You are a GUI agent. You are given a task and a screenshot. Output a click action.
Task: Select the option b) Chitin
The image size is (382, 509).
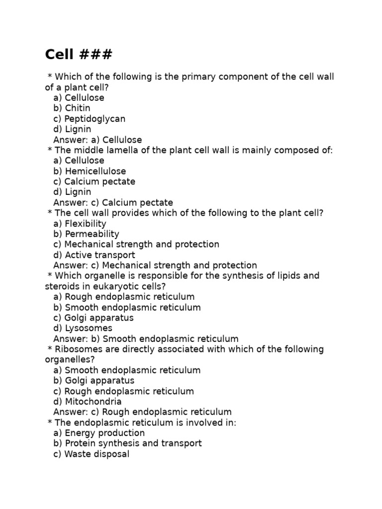(72, 108)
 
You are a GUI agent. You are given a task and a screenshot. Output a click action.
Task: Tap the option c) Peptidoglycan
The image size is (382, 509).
(89, 119)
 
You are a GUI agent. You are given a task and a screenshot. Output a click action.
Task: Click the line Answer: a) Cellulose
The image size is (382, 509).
(97, 140)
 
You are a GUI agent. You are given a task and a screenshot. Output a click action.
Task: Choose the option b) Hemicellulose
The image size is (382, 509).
(90, 171)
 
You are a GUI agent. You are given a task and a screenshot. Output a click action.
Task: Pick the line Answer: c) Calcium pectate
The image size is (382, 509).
(113, 202)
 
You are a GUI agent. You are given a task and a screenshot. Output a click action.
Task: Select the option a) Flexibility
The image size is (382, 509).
(80, 223)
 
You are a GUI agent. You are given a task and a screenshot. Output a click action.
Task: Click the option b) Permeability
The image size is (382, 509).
(86, 234)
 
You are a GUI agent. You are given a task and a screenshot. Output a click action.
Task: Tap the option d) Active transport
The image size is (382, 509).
(94, 255)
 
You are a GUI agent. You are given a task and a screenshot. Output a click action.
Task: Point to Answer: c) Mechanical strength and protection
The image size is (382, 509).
(155, 265)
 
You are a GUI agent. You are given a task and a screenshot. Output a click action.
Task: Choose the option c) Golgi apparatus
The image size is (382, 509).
(93, 318)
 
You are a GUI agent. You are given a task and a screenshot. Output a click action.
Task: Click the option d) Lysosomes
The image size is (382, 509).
(83, 328)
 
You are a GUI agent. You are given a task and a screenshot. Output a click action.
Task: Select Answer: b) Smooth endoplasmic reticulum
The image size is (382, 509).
(146, 339)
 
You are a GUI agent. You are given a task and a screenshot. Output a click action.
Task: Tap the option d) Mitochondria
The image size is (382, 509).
(87, 402)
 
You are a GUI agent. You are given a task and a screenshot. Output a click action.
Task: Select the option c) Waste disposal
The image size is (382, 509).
(91, 454)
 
